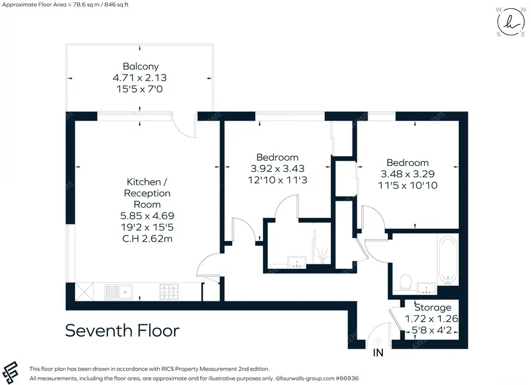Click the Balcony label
click(x=141, y=66)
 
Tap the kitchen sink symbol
click(x=119, y=292)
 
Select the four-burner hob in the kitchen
click(x=169, y=291)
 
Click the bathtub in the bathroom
click(x=447, y=260)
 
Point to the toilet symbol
click(x=405, y=282)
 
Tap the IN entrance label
click(x=378, y=353)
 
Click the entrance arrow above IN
click(x=378, y=340)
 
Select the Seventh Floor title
click(x=122, y=331)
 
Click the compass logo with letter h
click(x=511, y=22)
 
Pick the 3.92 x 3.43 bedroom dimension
click(x=277, y=168)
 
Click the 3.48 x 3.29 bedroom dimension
click(x=407, y=174)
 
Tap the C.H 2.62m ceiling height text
click(x=147, y=239)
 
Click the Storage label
click(x=433, y=307)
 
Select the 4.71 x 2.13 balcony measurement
click(x=140, y=78)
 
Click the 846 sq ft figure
click(x=117, y=5)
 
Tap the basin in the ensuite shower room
click(x=297, y=262)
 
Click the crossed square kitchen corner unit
click(x=84, y=292)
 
